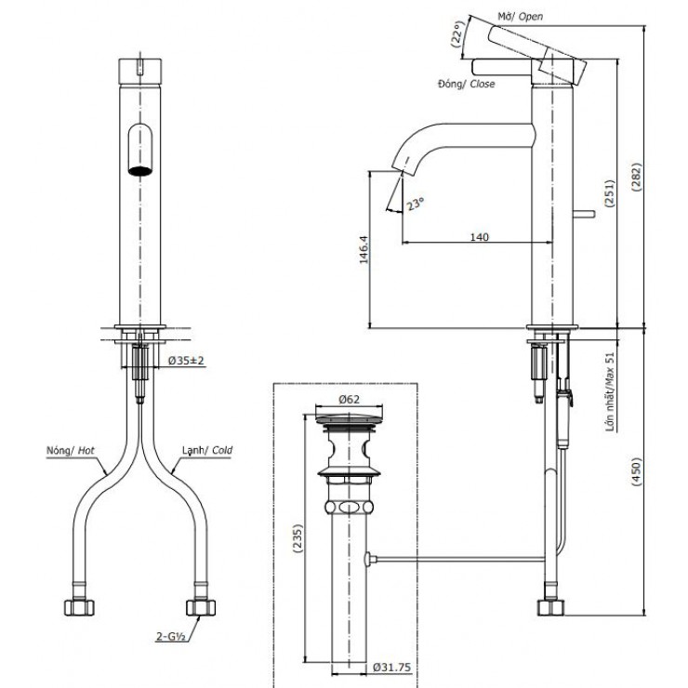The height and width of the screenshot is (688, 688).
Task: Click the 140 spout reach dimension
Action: point(478,237)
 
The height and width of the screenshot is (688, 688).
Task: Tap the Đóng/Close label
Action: point(466,84)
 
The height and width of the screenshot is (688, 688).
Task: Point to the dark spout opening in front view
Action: point(139,170)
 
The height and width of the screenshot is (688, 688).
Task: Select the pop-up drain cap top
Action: point(350,417)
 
